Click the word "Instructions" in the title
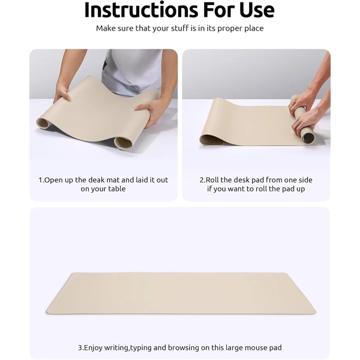[x=141, y=10]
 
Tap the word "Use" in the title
[x=257, y=10]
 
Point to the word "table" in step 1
[x=117, y=189]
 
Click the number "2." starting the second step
[x=203, y=180]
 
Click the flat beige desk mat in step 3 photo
[x=181, y=293]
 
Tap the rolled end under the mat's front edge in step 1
[x=123, y=142]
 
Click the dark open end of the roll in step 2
[x=308, y=138]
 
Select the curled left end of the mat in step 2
[x=211, y=140]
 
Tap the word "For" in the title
[x=218, y=10]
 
